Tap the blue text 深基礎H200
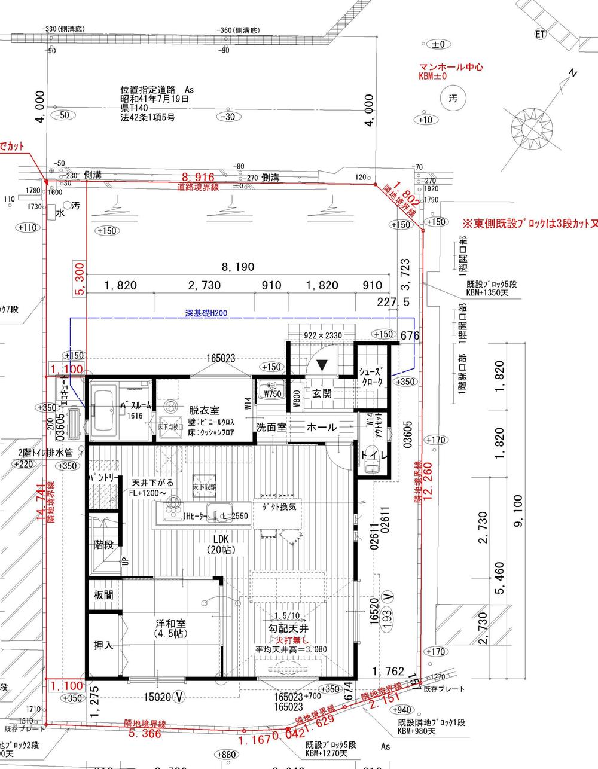pos(206,313)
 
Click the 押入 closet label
pos(103,646)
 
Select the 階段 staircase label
pos(103,545)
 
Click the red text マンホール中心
pos(451,68)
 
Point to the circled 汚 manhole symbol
pos(451,99)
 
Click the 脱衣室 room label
pos(203,411)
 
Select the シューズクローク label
pos(375,376)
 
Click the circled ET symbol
pos(540,34)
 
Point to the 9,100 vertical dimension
pos(518,511)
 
